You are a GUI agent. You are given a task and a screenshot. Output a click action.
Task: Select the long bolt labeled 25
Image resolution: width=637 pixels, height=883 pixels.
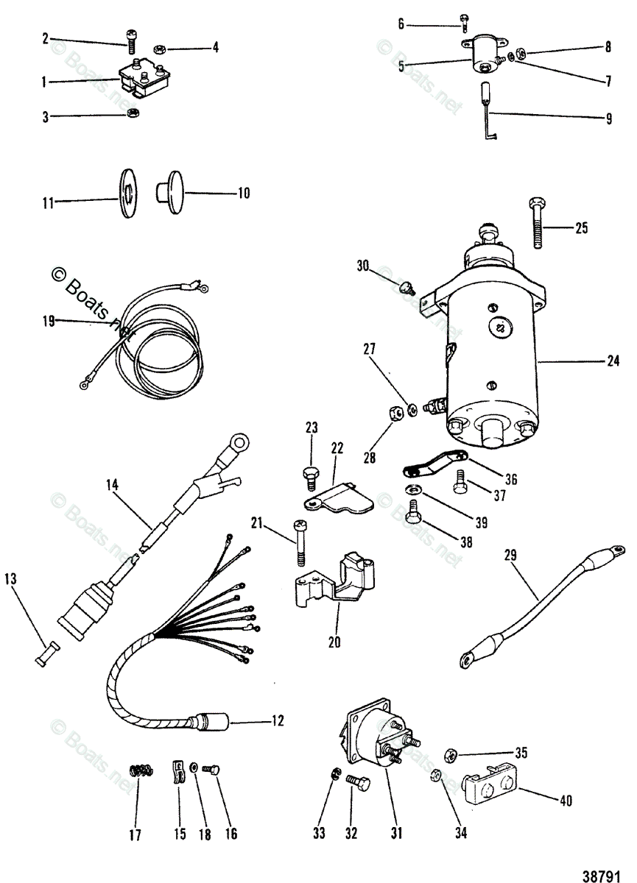click(536, 227)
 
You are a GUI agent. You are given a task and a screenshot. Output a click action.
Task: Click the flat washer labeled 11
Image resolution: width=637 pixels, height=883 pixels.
click(126, 194)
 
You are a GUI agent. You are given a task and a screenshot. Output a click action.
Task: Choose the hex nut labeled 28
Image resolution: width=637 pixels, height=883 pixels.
click(395, 414)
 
